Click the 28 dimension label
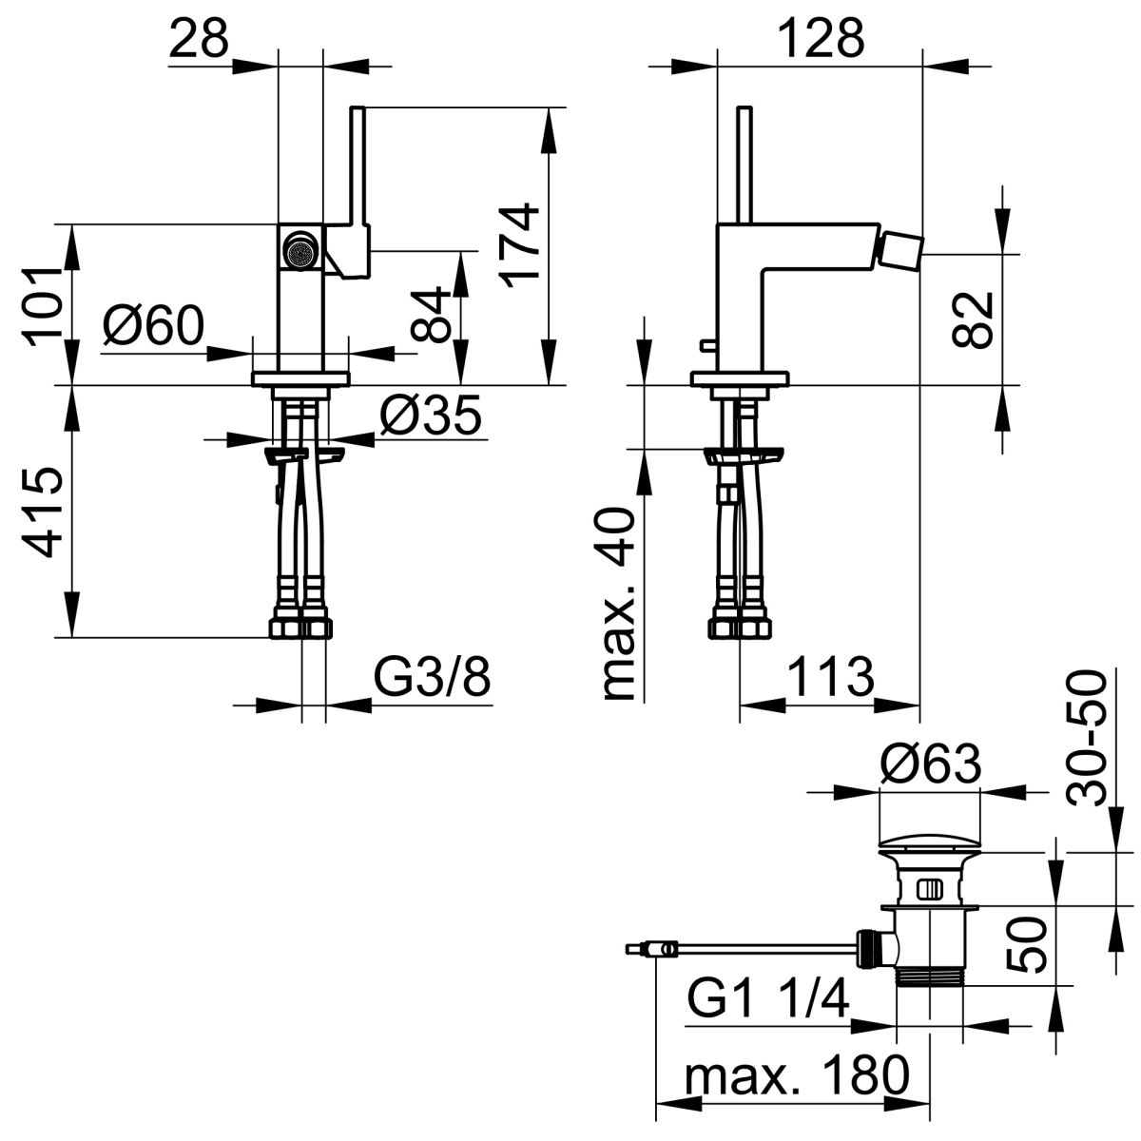[x=198, y=39]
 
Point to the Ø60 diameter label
[x=153, y=325]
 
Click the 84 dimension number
[x=431, y=314]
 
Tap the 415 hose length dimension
[x=43, y=512]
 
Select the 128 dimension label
[x=822, y=39]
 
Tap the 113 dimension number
[x=831, y=677]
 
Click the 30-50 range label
[x=1087, y=738]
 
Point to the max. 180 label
[x=798, y=1075]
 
